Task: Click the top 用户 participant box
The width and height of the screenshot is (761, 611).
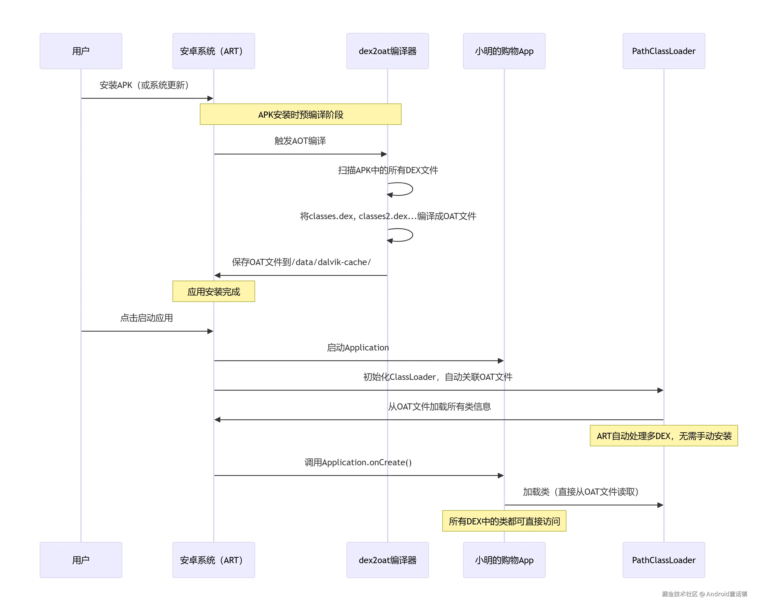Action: pyautogui.click(x=81, y=51)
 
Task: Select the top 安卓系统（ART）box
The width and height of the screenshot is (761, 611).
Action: pyautogui.click(x=214, y=51)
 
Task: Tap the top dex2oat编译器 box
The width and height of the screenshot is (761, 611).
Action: pyautogui.click(x=387, y=51)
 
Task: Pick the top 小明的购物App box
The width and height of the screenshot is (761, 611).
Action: pyautogui.click(x=504, y=51)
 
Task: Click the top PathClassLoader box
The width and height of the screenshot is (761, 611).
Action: pyautogui.click(x=664, y=51)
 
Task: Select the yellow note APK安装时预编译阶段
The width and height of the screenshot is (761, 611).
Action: pyautogui.click(x=300, y=114)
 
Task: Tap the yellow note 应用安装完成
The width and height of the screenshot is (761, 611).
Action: pyautogui.click(x=214, y=292)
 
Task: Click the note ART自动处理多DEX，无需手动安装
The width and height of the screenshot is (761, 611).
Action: pyautogui.click(x=664, y=436)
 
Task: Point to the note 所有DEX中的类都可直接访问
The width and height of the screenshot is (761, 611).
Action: pyautogui.click(x=504, y=521)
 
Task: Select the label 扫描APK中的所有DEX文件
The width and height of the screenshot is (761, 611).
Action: pyautogui.click(x=388, y=171)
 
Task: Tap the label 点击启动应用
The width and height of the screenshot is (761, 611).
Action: pyautogui.click(x=146, y=318)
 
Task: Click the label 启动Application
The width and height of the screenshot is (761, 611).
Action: pyautogui.click(x=358, y=348)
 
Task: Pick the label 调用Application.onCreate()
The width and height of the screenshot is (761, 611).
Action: pyautogui.click(x=358, y=462)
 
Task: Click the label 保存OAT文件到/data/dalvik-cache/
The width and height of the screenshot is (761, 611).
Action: pyautogui.click(x=301, y=262)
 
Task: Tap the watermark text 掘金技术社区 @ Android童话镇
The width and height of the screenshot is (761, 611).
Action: pyautogui.click(x=704, y=594)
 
